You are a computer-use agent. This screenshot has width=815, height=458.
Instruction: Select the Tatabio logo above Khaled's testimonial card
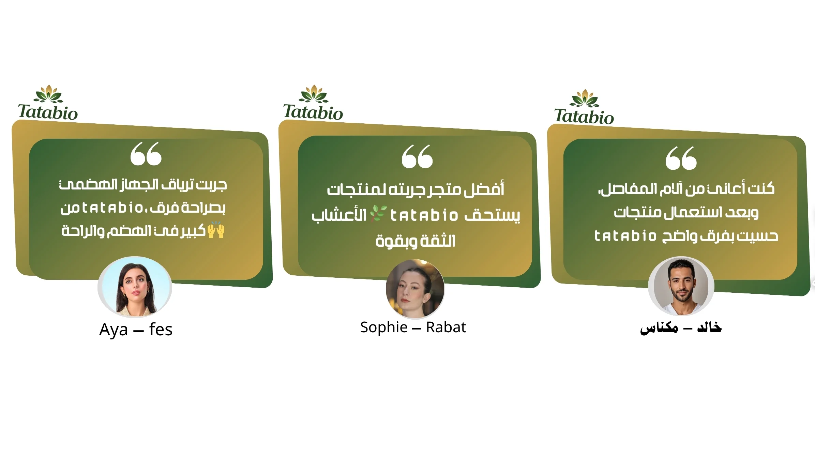coord(584,107)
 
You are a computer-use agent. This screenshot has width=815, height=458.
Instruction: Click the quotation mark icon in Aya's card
coord(146,154)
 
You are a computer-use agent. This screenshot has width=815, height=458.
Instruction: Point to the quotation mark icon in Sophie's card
coord(417,156)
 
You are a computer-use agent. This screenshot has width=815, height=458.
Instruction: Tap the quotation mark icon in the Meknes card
coord(681,158)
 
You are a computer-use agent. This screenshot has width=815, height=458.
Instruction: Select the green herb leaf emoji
coord(379,214)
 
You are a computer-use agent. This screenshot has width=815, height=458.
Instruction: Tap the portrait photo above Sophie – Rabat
coord(415,289)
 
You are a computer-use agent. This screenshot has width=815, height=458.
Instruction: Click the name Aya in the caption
coord(114,330)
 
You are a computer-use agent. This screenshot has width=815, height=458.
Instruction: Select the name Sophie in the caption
coord(384,327)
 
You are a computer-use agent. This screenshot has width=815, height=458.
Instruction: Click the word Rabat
coord(446,327)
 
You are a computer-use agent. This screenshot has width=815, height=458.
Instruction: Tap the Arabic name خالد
coord(709,327)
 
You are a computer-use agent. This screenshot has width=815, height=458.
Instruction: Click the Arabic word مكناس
coord(659,328)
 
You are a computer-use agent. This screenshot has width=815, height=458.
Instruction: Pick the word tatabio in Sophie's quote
coord(424,215)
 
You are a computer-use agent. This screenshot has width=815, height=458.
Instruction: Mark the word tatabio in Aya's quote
coord(113,208)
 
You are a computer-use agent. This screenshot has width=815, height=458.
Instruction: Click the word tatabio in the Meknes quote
coord(625,236)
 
